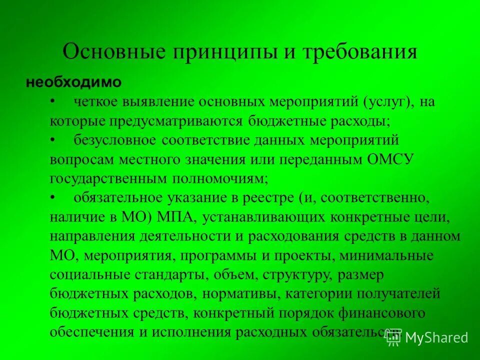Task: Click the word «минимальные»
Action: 385,256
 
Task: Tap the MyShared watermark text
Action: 436,337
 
